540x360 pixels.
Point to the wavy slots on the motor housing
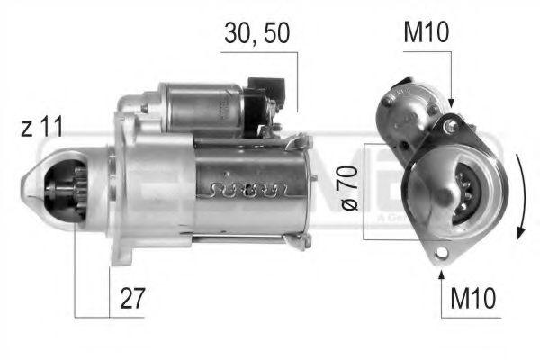click(248, 190)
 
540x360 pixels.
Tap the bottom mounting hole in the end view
click(442, 254)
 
